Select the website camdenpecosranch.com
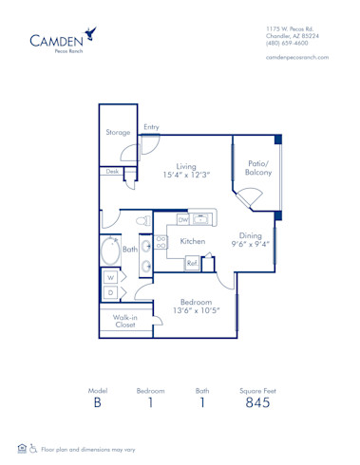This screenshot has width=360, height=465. point(298,58)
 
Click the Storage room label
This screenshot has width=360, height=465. point(118,133)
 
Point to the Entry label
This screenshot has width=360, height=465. point(152,127)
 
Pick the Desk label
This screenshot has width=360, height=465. point(113,172)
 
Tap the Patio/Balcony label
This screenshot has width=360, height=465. point(257,168)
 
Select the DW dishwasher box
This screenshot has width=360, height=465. point(183,219)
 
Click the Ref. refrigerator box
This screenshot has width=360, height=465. point(191,263)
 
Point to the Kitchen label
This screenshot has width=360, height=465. point(194,242)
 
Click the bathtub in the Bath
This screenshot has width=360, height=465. point(110,253)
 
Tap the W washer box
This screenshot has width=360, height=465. point(111,277)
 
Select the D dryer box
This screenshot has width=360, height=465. point(111,291)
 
